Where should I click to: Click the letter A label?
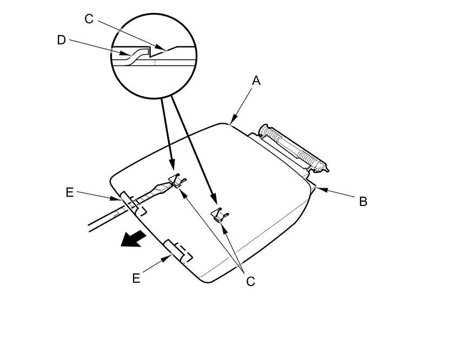coord(256,81)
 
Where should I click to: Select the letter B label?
coord(363,201)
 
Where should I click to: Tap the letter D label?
coord(61,40)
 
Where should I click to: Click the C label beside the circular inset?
coord(89,19)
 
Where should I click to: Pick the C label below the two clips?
coord(250,282)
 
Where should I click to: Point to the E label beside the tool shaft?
coord(70,192)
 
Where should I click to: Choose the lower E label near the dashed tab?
coord(136,278)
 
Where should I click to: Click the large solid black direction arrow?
coord(133,238)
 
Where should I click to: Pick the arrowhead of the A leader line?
coord(233,122)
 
